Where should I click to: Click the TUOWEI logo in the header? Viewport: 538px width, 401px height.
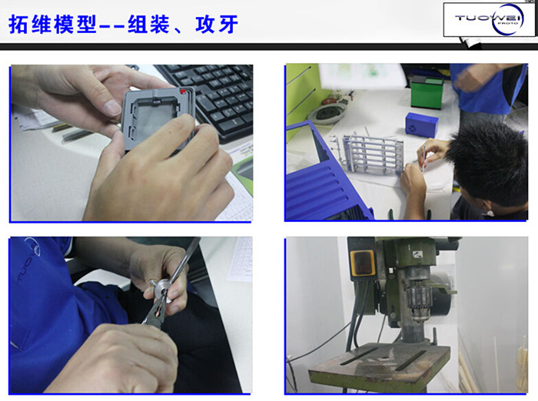489,19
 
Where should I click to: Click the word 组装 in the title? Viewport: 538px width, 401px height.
148,24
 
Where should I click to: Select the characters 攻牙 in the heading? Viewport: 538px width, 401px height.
217,25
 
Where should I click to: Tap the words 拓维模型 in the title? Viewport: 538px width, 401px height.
52,25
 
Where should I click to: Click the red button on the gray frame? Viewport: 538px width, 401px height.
183,91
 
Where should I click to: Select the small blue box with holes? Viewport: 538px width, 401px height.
421,125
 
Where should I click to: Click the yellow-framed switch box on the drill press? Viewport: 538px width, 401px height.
362,263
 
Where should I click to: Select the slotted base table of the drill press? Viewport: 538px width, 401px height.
380,367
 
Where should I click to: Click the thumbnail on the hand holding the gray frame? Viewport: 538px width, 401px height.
112,108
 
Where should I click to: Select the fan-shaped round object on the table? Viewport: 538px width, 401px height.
327,113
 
